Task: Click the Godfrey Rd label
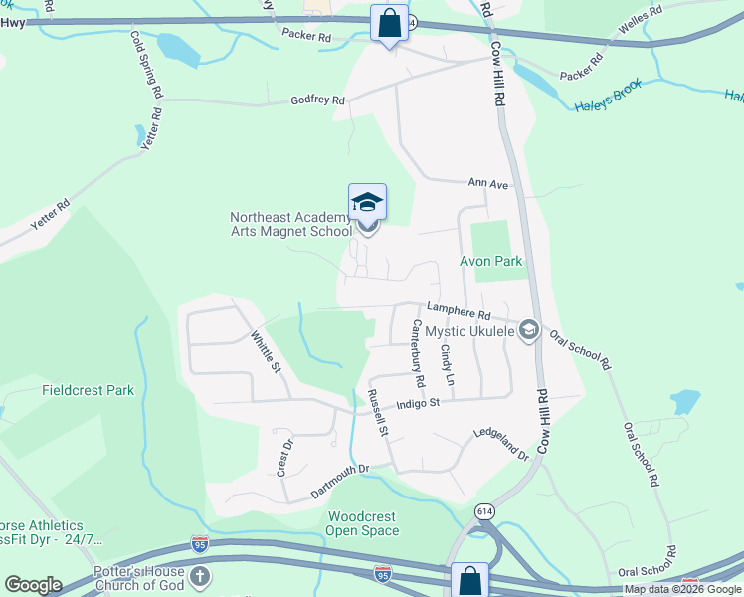click(317, 100)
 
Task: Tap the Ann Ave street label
click(488, 184)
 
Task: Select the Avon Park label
click(490, 262)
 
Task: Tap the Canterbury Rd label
click(418, 353)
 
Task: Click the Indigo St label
click(417, 403)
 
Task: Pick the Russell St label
click(377, 412)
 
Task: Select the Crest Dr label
click(283, 457)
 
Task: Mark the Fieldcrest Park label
click(88, 391)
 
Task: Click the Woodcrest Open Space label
click(363, 523)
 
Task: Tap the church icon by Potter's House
click(200, 577)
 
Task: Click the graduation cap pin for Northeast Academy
click(367, 203)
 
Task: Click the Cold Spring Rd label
click(145, 63)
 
